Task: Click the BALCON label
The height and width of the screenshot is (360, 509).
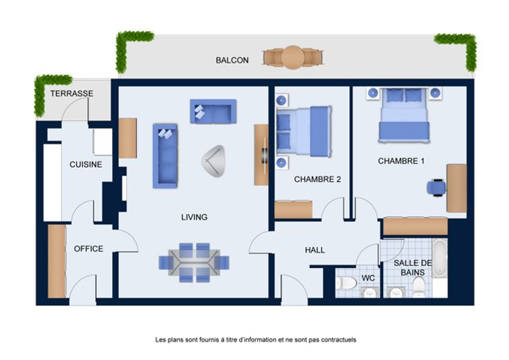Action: [232, 60]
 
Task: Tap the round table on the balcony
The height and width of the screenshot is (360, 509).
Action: [293, 57]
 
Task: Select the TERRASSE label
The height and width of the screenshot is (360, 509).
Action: [72, 93]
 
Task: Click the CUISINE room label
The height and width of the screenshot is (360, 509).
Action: [86, 164]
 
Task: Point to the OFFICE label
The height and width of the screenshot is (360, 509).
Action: [89, 249]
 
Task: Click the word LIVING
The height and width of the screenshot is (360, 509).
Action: [194, 217]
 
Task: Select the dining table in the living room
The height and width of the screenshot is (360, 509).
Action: [194, 263]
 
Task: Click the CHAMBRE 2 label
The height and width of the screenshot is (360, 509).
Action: [317, 180]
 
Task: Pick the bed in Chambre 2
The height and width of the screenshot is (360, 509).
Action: [304, 131]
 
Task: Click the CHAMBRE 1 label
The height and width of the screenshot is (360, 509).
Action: [401, 161]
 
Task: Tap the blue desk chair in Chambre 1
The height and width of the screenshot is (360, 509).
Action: [436, 187]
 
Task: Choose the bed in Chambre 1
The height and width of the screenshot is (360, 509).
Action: [403, 115]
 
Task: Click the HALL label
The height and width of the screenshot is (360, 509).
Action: [315, 250]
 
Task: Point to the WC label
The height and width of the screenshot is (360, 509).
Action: [368, 278]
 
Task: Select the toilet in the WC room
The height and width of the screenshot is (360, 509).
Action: [346, 283]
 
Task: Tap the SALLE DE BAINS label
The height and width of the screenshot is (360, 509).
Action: [413, 268]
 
